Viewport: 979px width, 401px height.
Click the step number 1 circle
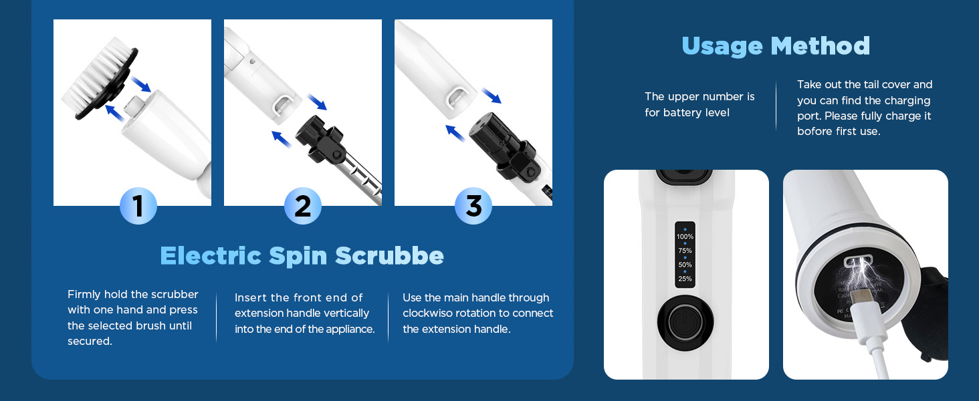[138, 206]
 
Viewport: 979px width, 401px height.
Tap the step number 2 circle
[303, 206]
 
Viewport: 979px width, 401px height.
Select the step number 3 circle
[473, 206]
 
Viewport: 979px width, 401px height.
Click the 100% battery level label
[685, 237]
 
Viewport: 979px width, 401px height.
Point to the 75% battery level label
[685, 251]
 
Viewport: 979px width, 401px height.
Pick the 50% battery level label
[685, 265]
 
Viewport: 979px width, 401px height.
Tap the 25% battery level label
[685, 279]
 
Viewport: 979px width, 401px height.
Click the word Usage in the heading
[722, 46]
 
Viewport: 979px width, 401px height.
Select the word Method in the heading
[821, 46]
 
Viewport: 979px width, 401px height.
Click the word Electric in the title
[210, 256]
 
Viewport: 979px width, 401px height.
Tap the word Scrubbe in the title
[389, 256]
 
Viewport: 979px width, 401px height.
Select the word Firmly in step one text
[84, 295]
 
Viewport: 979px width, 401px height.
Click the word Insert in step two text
[250, 298]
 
